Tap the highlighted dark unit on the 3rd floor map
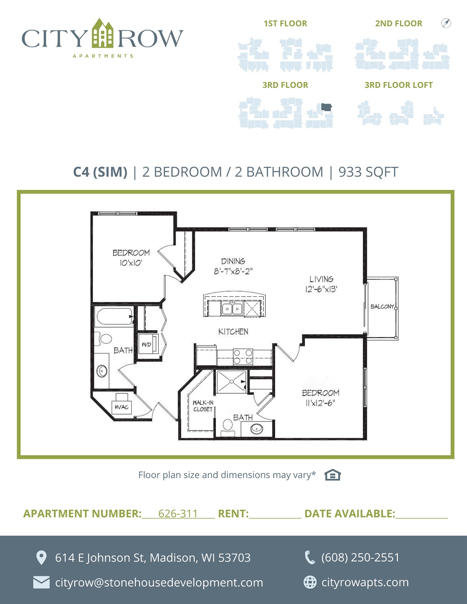click(326, 107)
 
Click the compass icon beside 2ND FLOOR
click(446, 23)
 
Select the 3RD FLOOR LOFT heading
click(399, 85)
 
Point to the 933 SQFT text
click(368, 172)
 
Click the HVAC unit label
click(121, 407)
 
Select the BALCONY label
click(382, 307)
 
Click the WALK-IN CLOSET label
click(203, 406)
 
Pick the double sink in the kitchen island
click(232, 308)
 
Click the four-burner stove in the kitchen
click(243, 357)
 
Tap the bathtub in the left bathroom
click(114, 316)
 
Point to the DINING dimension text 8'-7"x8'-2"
click(233, 271)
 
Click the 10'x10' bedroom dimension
click(131, 263)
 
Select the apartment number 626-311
click(178, 513)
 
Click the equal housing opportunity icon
click(333, 475)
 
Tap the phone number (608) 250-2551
click(360, 557)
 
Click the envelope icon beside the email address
click(42, 583)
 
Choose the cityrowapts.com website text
click(365, 582)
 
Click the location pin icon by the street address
click(42, 558)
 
